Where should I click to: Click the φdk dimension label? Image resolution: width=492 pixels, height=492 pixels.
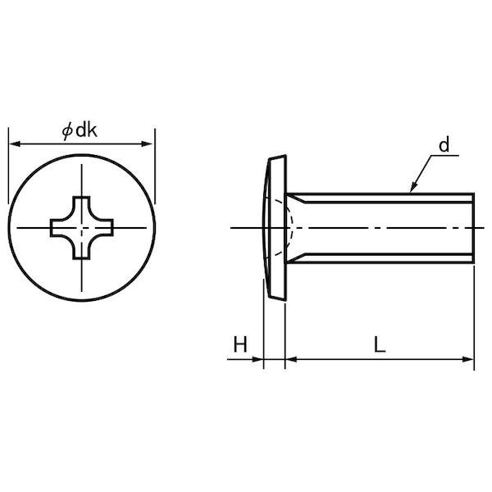tap(80, 130)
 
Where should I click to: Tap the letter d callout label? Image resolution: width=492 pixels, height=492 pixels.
tap(444, 145)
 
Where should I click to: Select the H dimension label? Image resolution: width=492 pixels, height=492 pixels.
tap(240, 344)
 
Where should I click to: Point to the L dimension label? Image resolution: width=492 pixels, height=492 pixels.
tap(380, 344)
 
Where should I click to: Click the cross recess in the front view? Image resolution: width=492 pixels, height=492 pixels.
tap(82, 228)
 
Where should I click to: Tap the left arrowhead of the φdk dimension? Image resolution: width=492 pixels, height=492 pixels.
tap(15, 144)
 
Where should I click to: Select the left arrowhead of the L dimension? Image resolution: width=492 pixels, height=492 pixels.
tap(291, 359)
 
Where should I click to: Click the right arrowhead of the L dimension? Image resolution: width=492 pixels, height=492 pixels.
tap(467, 359)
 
